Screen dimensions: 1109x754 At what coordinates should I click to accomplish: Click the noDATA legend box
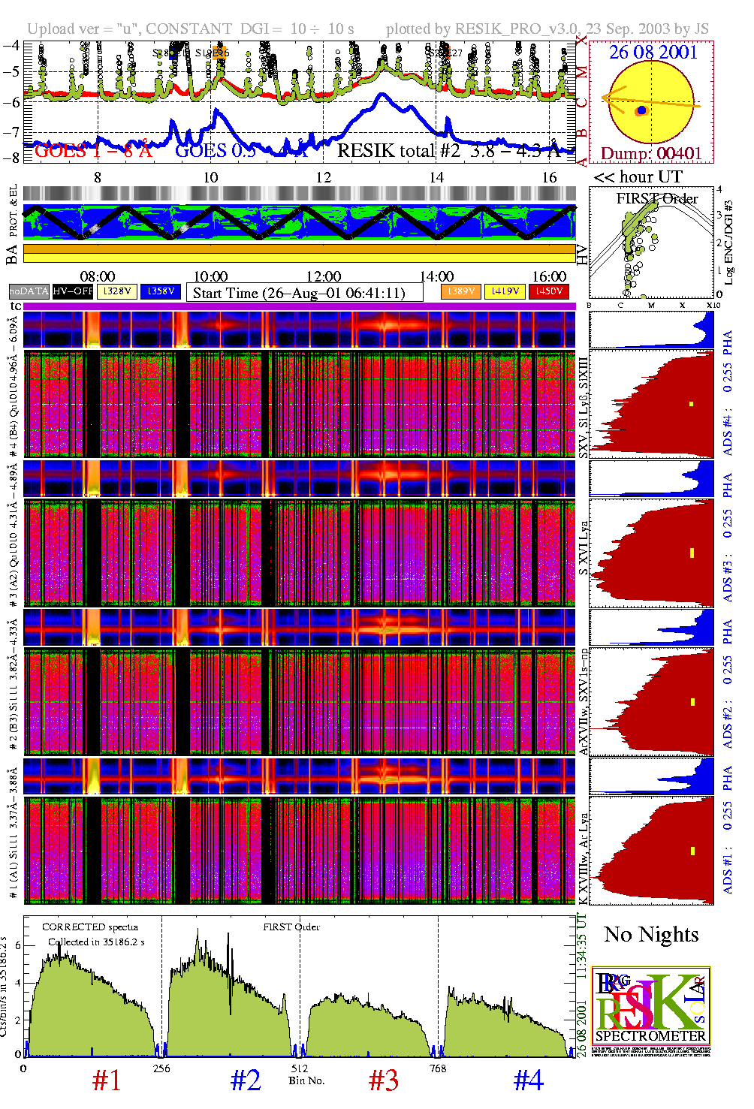(x=29, y=291)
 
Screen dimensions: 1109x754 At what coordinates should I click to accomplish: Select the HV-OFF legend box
(x=73, y=291)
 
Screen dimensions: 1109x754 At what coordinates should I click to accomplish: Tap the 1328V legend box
(x=117, y=291)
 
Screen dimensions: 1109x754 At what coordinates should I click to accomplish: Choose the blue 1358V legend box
(x=161, y=291)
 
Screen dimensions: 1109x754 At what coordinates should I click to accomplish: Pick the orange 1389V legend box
(x=461, y=291)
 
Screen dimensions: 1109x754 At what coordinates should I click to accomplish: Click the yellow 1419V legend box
(x=505, y=291)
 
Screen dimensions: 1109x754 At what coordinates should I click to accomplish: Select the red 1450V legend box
(x=549, y=291)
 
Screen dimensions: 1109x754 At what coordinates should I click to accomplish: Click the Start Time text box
(x=304, y=293)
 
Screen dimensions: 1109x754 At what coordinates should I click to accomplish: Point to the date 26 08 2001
(x=653, y=52)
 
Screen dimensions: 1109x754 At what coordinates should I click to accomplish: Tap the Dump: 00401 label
(x=651, y=153)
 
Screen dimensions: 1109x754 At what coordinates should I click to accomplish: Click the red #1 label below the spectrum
(x=107, y=1080)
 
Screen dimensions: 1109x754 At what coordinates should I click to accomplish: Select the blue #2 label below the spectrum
(x=246, y=1080)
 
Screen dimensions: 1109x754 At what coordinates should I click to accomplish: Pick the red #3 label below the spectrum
(x=384, y=1080)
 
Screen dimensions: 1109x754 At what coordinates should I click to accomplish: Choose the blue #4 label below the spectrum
(x=528, y=1080)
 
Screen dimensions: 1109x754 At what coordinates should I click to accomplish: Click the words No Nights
(x=651, y=935)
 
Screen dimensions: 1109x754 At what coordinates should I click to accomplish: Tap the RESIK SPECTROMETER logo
(x=650, y=1006)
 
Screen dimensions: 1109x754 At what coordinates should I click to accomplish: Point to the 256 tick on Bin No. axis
(x=161, y=1068)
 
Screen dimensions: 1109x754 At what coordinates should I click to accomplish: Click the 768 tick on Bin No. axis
(x=438, y=1068)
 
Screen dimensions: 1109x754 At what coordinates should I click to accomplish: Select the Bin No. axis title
(x=306, y=1080)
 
